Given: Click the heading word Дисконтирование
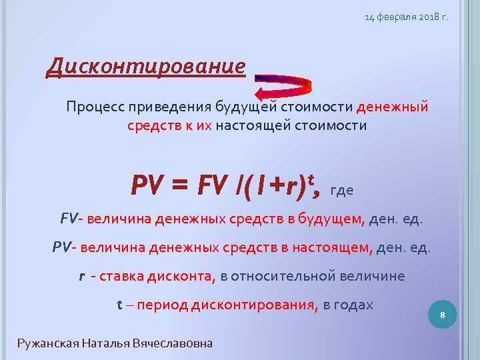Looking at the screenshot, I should pos(145,67).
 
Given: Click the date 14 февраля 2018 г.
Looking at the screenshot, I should pos(406,16).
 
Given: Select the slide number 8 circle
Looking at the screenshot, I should pos(442,314).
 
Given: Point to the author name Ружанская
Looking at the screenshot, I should pos(48,343).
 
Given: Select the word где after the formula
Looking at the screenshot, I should pos(341,189).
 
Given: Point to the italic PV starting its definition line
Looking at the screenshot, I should pos(61,247).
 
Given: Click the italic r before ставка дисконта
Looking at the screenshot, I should pos(82,276).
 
